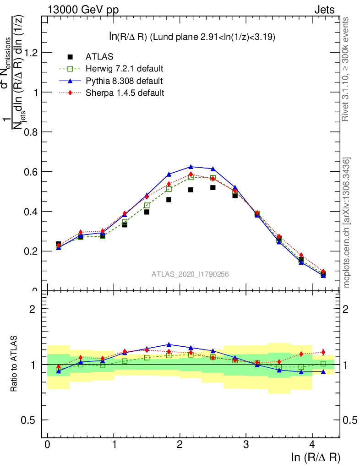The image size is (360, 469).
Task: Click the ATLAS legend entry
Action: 97,57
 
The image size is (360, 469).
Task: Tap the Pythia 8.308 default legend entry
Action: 124,81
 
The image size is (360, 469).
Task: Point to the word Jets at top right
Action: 324,10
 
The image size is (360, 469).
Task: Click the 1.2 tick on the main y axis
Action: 31,52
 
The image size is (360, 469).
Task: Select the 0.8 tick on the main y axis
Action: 31,132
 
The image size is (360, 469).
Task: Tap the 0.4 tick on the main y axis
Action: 31,211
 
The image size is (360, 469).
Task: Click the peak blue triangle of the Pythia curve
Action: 191,167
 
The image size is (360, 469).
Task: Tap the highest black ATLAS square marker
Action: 213,188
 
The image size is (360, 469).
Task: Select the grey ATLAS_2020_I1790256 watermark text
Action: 191,274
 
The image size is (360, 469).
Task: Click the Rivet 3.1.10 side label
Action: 346,69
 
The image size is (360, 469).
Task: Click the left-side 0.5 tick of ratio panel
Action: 31,420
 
